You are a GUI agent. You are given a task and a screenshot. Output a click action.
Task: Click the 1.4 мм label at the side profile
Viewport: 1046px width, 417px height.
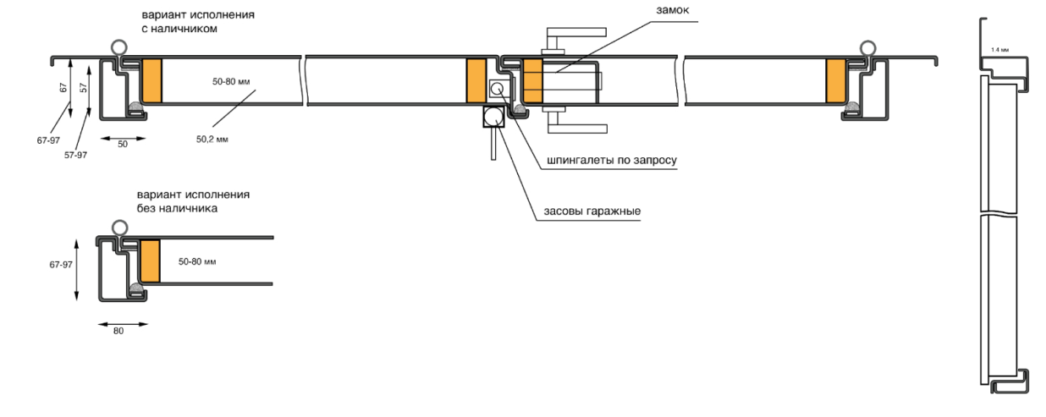pyautogui.click(x=999, y=50)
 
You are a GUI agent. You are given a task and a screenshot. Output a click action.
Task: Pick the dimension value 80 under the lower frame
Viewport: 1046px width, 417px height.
pyautogui.click(x=118, y=331)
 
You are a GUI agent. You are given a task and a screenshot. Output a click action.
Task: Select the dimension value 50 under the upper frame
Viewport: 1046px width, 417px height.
pyautogui.click(x=122, y=144)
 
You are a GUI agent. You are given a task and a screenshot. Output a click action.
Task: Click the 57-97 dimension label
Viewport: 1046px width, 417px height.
pyautogui.click(x=76, y=155)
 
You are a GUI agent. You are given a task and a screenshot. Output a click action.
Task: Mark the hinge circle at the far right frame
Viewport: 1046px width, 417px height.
pyautogui.click(x=867, y=48)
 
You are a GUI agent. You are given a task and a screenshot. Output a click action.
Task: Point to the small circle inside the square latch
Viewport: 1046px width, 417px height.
pyautogui.click(x=497, y=88)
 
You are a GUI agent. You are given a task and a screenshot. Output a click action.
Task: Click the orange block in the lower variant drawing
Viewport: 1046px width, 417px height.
pyautogui.click(x=151, y=261)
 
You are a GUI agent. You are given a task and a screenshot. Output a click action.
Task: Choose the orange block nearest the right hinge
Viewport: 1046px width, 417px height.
pyautogui.click(x=836, y=81)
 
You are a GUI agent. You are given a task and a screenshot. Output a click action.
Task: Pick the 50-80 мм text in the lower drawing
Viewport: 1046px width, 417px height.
pyautogui.click(x=197, y=262)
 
